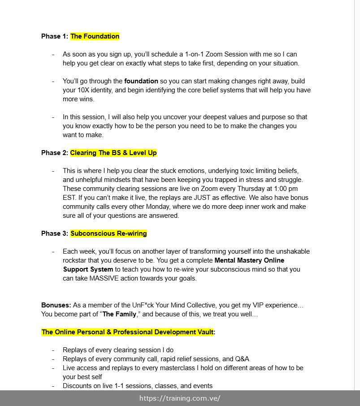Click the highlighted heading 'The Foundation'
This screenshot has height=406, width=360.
(95, 36)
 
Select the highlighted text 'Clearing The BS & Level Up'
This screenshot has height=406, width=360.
(113, 153)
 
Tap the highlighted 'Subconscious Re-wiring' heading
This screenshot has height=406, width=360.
(108, 233)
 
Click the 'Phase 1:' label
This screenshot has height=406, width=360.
(55, 36)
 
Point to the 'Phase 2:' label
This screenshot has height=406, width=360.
(55, 153)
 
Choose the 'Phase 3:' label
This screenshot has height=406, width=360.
(55, 233)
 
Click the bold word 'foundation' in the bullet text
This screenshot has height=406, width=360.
(141, 81)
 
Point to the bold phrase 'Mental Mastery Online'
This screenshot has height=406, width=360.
(249, 260)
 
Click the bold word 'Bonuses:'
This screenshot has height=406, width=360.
(56, 305)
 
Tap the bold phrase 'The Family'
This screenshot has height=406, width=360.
(119, 314)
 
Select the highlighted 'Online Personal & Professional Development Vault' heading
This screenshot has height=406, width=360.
(128, 332)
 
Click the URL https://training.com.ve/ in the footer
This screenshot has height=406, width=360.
(180, 398)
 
